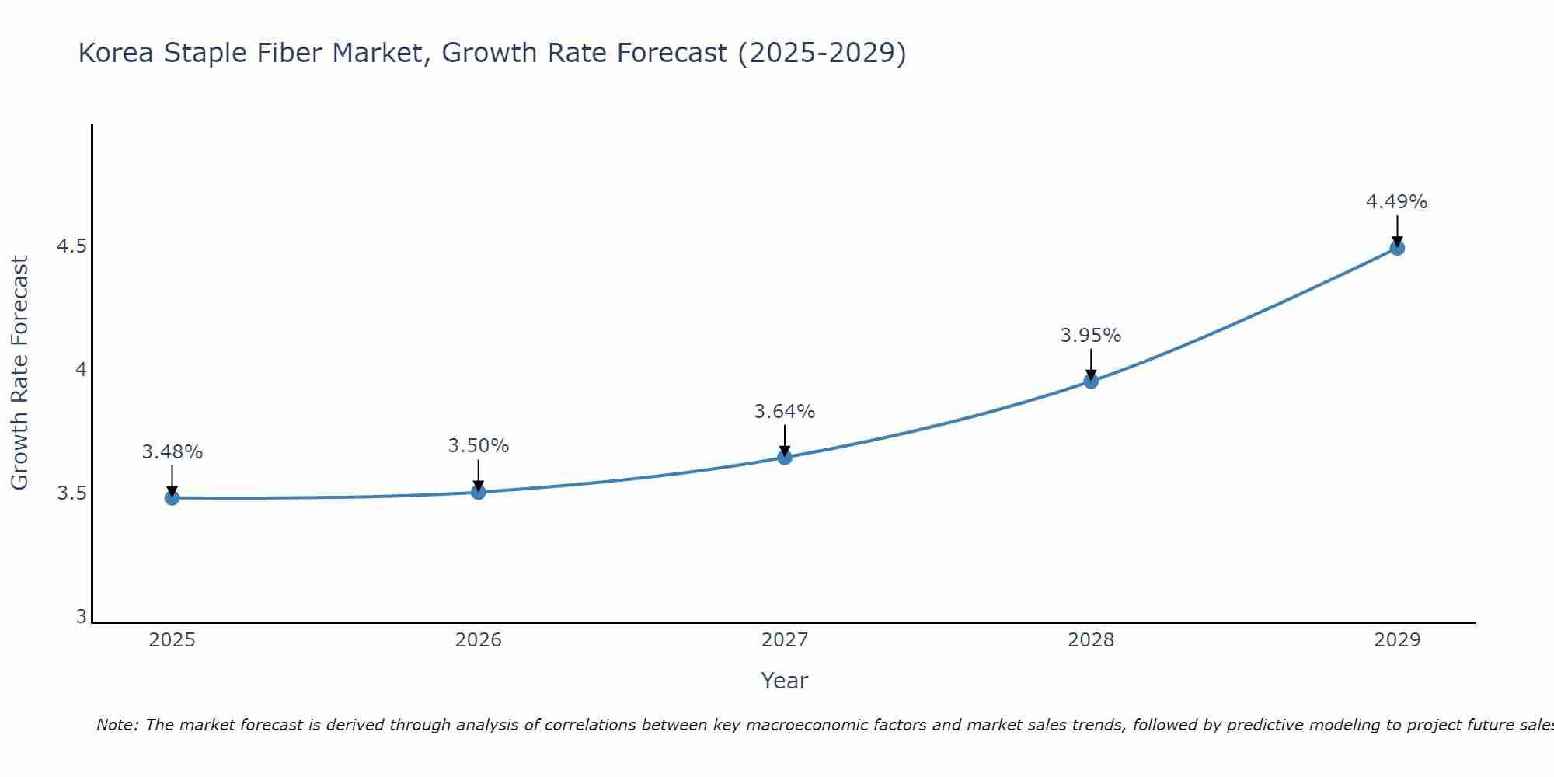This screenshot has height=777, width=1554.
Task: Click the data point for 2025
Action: coord(172,497)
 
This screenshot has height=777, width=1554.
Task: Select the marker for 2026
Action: coord(478,492)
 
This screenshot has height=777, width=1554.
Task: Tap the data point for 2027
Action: coord(784,457)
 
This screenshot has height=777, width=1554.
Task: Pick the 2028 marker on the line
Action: coord(1090,381)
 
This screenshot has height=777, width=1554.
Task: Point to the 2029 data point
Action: coord(1396,248)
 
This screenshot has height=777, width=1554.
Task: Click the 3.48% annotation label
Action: coord(172,452)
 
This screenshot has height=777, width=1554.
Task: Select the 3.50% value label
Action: coord(478,446)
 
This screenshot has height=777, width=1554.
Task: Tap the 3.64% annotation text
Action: coord(784,412)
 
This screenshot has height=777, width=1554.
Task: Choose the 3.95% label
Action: coord(1090,336)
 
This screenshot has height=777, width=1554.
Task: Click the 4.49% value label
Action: coord(1396,202)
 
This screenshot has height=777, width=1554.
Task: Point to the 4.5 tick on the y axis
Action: coord(71,247)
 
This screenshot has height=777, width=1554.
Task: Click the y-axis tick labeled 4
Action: coord(81,370)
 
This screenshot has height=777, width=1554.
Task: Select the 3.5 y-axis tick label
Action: coord(71,493)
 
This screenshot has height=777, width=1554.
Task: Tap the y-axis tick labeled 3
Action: coord(81,617)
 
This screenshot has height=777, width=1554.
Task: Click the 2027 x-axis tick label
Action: coord(784,640)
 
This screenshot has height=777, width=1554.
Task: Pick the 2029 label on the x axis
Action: coord(1396,640)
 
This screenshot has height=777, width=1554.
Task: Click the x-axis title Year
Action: coord(784,681)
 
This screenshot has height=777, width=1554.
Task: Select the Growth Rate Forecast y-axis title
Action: coord(19,373)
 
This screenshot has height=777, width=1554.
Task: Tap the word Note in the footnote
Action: coord(116,725)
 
